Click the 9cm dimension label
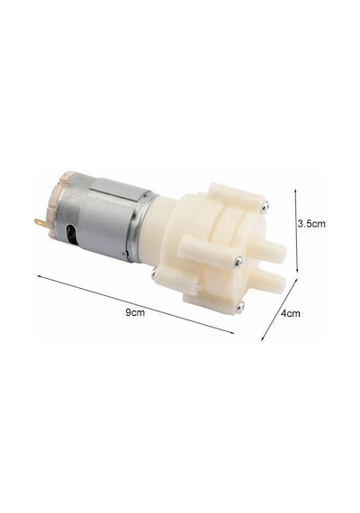pyautogui.click(x=135, y=312)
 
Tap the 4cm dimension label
pyautogui.click(x=291, y=313)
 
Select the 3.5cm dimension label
pyautogui.click(x=311, y=224)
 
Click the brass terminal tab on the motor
pyautogui.click(x=40, y=224)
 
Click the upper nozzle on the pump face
pyautogui.click(x=268, y=250)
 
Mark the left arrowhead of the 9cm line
pyautogui.click(x=39, y=277)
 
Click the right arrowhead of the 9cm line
pyautogui.click(x=231, y=332)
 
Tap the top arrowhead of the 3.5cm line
pyautogui.click(x=295, y=191)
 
